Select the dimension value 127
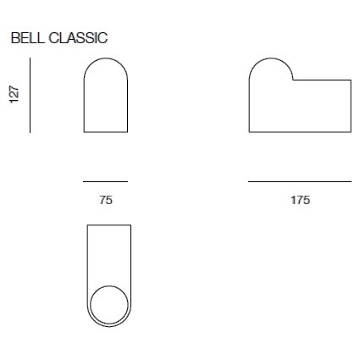point(14,95)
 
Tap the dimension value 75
point(106,201)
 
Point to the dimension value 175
point(300,201)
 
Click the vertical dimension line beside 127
point(30,95)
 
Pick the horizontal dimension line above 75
point(106,181)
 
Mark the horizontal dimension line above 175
point(300,181)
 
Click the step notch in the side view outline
point(293,80)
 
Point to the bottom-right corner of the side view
point(351,132)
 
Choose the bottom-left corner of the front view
point(84,132)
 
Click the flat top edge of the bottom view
point(109,224)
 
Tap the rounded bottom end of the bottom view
point(109,327)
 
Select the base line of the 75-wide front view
point(106,132)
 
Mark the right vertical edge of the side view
point(351,106)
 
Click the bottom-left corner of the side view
point(249,132)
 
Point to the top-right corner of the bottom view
point(131,224)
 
